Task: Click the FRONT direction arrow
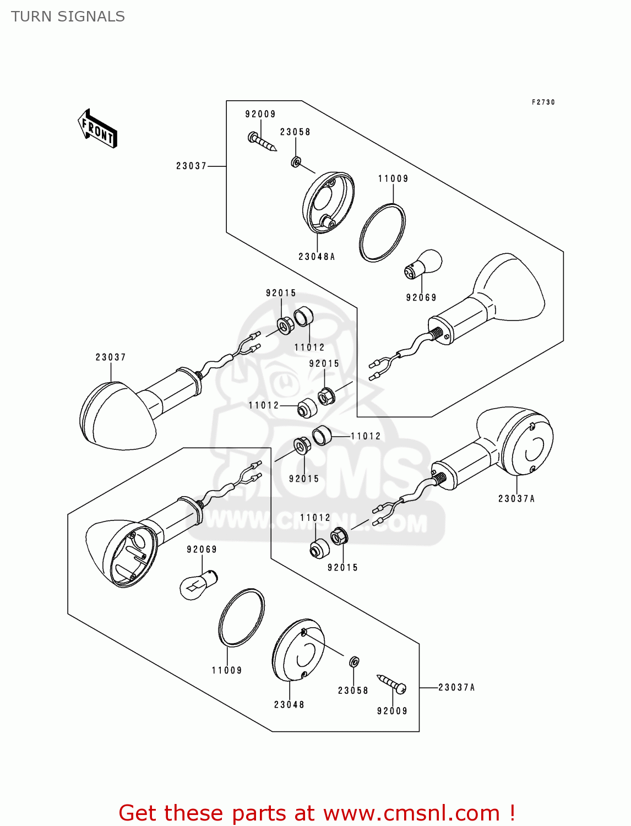[98, 129]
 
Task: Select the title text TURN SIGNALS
[68, 17]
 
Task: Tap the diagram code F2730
[543, 102]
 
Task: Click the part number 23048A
[317, 257]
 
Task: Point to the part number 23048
[289, 704]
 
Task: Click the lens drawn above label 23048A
[328, 203]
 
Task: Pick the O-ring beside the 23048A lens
[382, 232]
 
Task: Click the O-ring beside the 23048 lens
[241, 617]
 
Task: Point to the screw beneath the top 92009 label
[262, 141]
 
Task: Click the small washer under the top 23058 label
[296, 162]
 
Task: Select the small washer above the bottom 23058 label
[355, 661]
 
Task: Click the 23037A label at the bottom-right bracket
[456, 687]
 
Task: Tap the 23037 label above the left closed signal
[111, 357]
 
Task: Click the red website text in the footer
[317, 813]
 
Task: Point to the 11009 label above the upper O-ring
[393, 178]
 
